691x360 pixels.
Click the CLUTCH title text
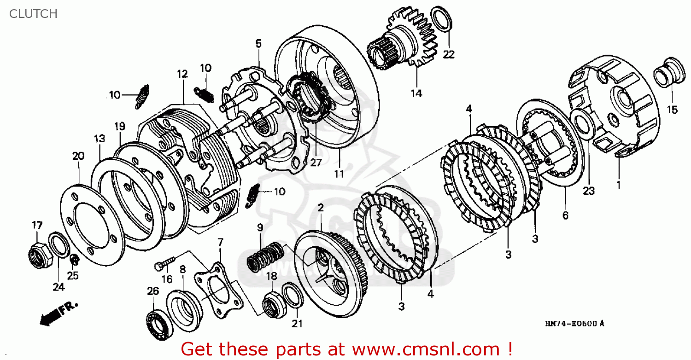tap(33, 14)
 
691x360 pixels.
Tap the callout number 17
tap(37, 225)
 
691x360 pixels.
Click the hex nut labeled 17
tap(37, 251)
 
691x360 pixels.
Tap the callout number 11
tap(339, 174)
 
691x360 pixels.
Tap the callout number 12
tap(182, 74)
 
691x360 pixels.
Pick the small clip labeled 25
tap(74, 260)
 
